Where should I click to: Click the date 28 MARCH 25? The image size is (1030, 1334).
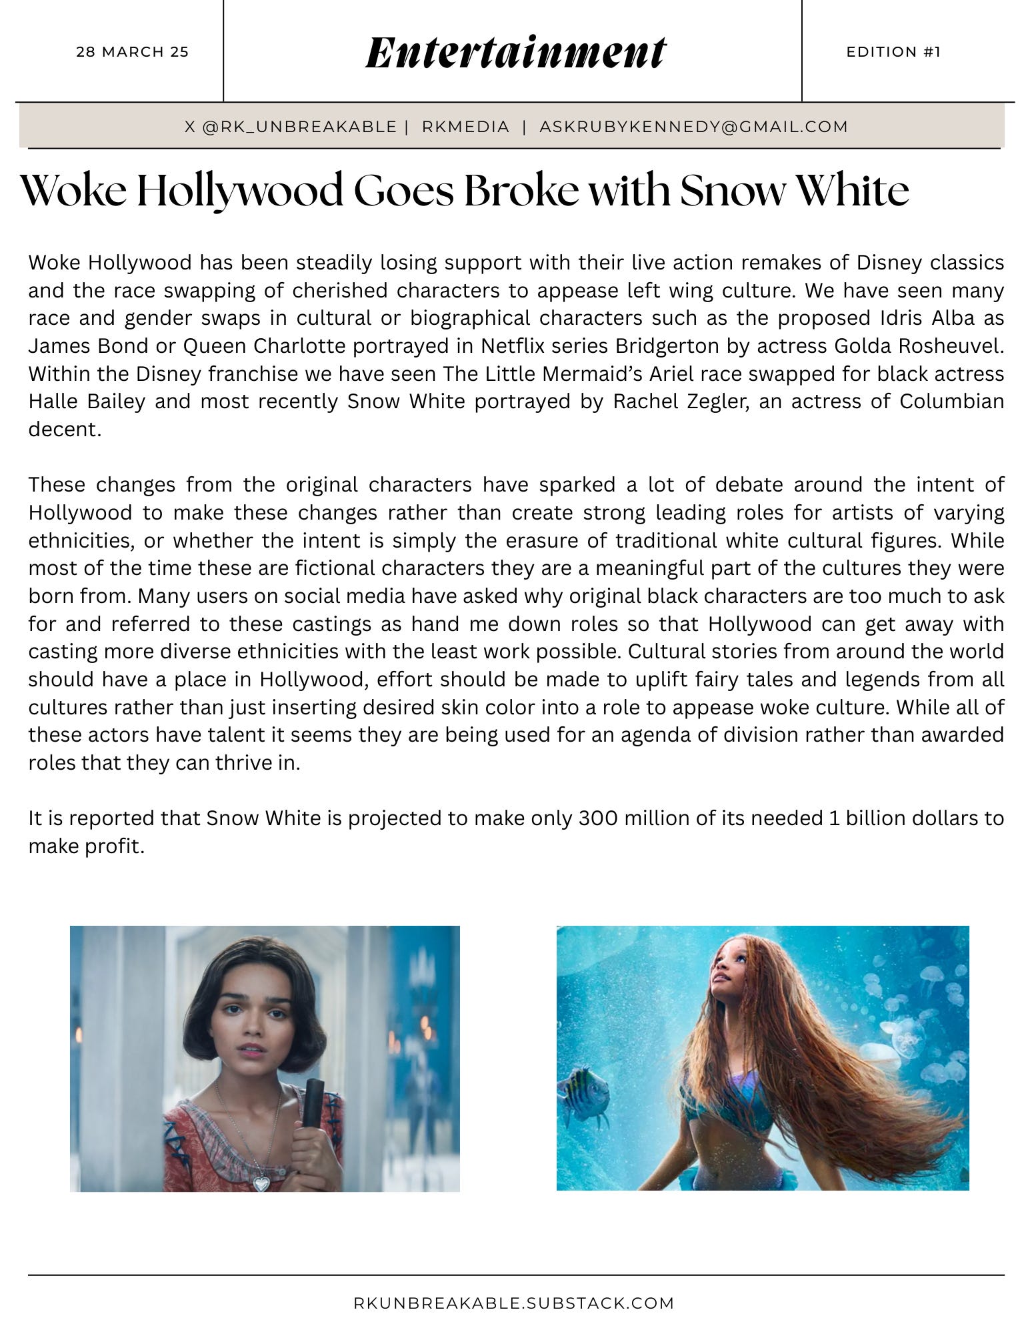[x=133, y=52]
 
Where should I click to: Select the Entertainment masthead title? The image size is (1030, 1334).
[x=515, y=53]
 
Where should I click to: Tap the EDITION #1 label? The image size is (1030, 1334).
[x=893, y=52]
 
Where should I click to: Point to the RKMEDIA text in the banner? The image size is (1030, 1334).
[x=465, y=127]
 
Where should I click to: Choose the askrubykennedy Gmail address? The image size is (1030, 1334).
[x=693, y=127]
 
